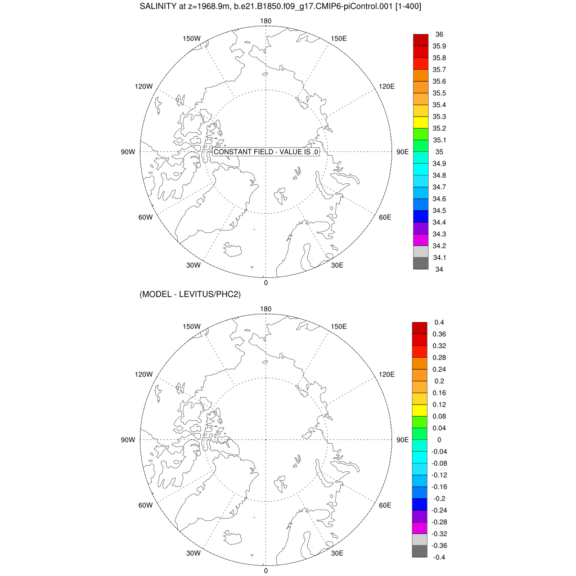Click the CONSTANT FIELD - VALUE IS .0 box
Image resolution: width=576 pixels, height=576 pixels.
click(x=267, y=152)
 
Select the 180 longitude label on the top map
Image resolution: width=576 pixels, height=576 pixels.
click(x=265, y=21)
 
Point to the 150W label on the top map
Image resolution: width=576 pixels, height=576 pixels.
click(x=192, y=38)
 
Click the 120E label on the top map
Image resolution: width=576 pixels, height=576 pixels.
click(x=386, y=86)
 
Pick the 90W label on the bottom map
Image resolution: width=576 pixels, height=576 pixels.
click(x=129, y=440)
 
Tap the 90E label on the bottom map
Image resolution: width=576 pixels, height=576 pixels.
click(x=403, y=440)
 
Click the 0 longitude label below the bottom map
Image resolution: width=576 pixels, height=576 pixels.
click(x=265, y=570)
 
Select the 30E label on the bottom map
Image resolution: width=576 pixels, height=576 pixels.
click(x=337, y=553)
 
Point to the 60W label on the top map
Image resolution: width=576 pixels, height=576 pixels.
click(x=145, y=218)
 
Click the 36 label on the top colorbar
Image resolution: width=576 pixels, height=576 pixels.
click(x=439, y=34)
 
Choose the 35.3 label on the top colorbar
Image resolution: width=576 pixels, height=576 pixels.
click(x=439, y=116)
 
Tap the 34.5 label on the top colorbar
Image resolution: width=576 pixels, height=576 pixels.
click(x=439, y=210)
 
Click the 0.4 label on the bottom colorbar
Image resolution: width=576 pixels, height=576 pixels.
click(x=439, y=322)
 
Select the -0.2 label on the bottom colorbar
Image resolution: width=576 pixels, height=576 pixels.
click(x=439, y=498)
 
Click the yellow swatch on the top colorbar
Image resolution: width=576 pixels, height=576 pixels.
click(x=421, y=122)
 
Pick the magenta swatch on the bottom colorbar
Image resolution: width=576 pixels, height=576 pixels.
click(x=420, y=528)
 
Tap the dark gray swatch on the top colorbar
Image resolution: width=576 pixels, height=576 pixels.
click(x=421, y=263)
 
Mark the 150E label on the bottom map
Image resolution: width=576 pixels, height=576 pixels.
click(x=339, y=326)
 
